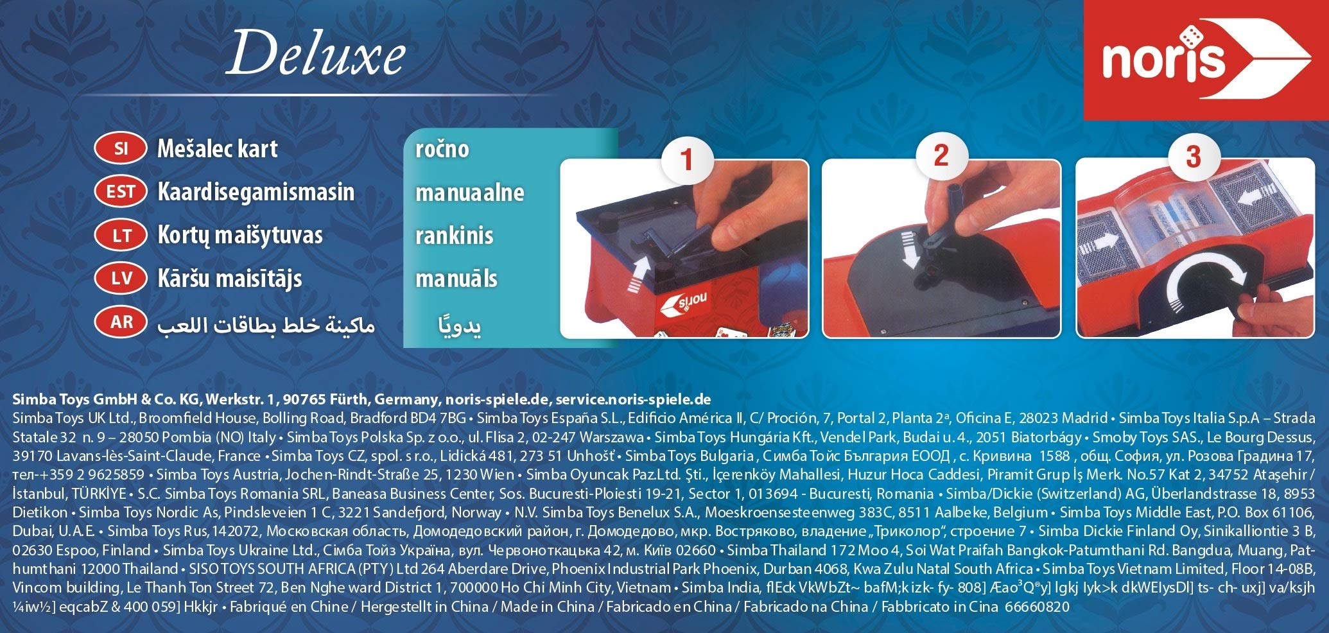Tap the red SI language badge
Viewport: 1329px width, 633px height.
121,149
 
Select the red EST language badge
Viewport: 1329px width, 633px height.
121,192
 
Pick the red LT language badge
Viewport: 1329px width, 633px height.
121,235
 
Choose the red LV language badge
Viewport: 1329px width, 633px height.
121,278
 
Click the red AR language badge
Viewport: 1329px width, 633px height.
121,322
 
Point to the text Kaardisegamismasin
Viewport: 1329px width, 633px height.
256,192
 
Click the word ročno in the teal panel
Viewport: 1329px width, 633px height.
442,149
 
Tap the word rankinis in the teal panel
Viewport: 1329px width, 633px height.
454,235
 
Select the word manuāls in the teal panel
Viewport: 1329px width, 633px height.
456,278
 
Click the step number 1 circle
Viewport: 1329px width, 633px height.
687,159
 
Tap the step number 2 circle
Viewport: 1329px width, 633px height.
941,156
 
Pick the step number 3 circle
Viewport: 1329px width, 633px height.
1194,156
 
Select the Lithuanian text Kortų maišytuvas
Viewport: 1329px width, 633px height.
240,235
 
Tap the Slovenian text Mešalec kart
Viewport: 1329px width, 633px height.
218,149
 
